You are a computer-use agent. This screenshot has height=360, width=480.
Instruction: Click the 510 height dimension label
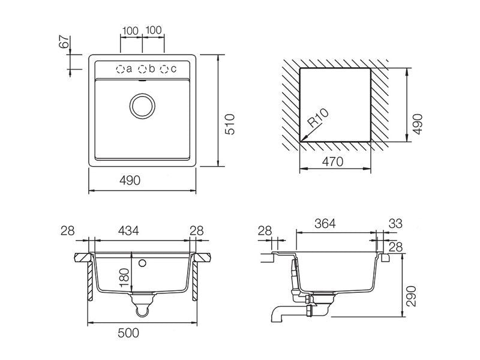click(x=230, y=124)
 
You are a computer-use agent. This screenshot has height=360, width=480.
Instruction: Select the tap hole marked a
click(x=121, y=69)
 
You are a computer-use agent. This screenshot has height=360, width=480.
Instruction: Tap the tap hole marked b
click(x=142, y=69)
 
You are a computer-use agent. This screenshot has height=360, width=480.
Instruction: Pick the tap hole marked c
click(x=164, y=69)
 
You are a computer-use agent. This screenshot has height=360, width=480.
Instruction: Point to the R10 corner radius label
click(x=318, y=118)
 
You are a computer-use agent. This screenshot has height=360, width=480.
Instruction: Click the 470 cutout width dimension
click(x=333, y=161)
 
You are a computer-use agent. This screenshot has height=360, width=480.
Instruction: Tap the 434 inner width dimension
click(x=128, y=230)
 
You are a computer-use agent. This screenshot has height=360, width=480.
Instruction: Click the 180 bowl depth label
click(x=125, y=277)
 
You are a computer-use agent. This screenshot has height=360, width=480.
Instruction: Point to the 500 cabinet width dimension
click(x=128, y=333)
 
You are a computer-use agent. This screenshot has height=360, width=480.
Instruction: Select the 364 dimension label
click(x=325, y=223)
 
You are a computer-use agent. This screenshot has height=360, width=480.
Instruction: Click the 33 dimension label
click(x=395, y=223)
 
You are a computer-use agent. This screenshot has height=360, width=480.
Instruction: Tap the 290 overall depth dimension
click(x=411, y=296)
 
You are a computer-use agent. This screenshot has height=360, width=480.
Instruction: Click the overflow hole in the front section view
click(x=142, y=263)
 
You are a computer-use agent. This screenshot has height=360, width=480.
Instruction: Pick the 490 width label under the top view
click(x=130, y=181)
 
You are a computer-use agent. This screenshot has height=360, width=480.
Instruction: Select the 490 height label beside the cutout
click(x=417, y=124)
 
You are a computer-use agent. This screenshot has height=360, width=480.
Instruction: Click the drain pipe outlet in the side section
click(x=277, y=314)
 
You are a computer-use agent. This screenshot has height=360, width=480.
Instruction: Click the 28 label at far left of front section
click(x=67, y=230)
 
